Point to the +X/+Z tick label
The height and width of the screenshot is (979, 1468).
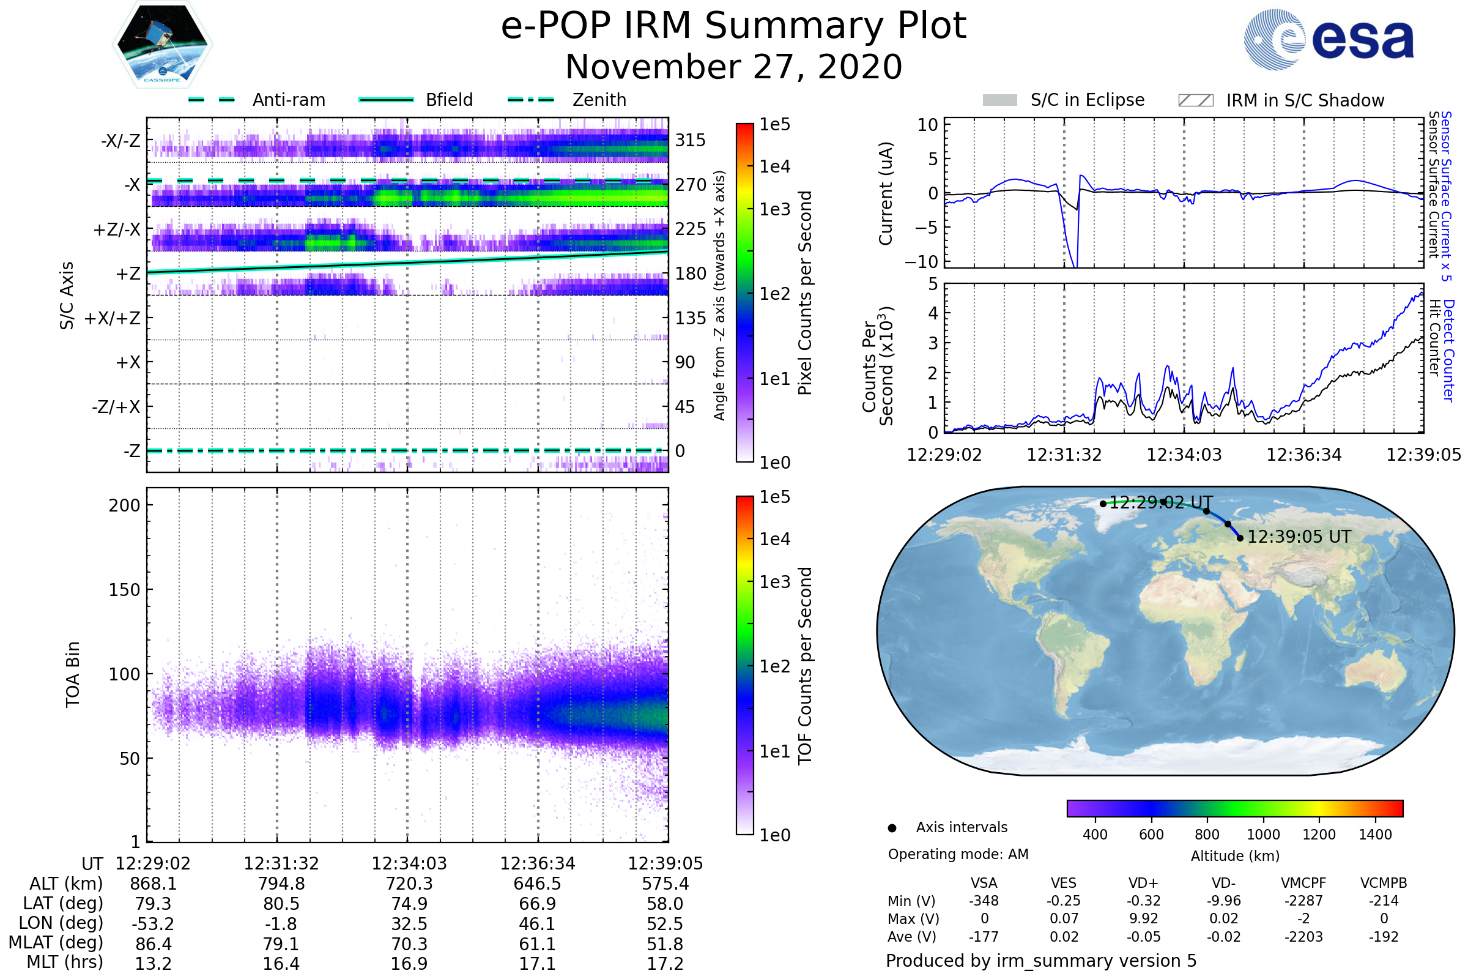[x=113, y=318]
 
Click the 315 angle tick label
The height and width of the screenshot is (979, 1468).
[x=691, y=141]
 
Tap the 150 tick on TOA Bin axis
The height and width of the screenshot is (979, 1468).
[x=124, y=590]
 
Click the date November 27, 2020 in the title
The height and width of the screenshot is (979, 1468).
[x=733, y=67]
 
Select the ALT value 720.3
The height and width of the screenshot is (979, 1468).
[x=409, y=884]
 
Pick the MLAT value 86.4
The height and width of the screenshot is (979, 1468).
[x=153, y=944]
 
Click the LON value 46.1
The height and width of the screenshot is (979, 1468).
[x=537, y=924]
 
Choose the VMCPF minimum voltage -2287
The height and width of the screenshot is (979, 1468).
[x=1303, y=901]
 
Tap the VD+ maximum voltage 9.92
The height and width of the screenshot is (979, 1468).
[x=1143, y=918]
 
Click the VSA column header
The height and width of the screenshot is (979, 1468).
[x=984, y=884]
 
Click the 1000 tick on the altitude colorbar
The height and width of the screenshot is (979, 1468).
[x=1263, y=835]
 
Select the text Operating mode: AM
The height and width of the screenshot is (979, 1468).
[x=958, y=854]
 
